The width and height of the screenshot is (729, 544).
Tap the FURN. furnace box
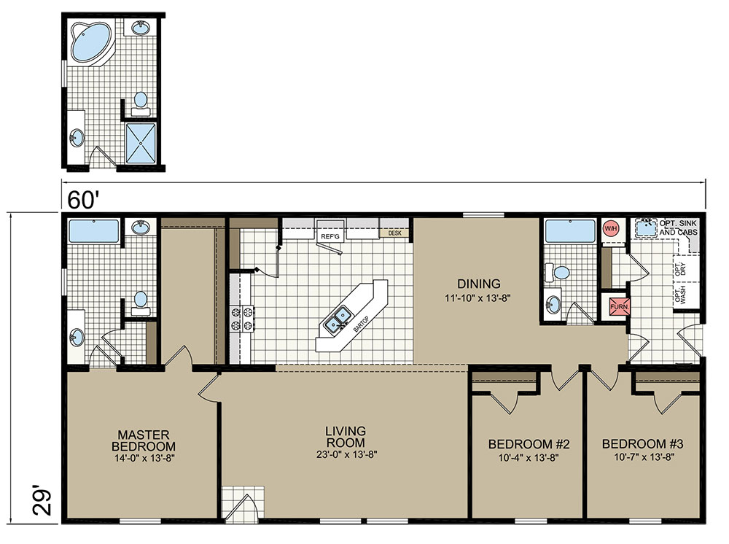[619, 307]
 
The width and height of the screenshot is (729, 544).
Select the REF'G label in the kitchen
[330, 237]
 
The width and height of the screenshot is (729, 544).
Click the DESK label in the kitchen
[394, 233]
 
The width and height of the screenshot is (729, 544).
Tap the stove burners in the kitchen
[241, 319]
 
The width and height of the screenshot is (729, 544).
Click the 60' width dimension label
[83, 200]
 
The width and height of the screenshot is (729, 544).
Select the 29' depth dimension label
[42, 500]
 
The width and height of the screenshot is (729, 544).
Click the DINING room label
[478, 284]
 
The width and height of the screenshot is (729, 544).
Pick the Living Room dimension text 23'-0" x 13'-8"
[346, 455]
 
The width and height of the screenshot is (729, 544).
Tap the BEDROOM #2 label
[529, 444]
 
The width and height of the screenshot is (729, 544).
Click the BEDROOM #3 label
[642, 444]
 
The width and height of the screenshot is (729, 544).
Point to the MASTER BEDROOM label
[144, 440]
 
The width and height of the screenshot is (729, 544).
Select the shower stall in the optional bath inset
[141, 143]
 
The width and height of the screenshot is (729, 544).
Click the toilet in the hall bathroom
[558, 273]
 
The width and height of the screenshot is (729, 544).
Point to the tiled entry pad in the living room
[243, 502]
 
